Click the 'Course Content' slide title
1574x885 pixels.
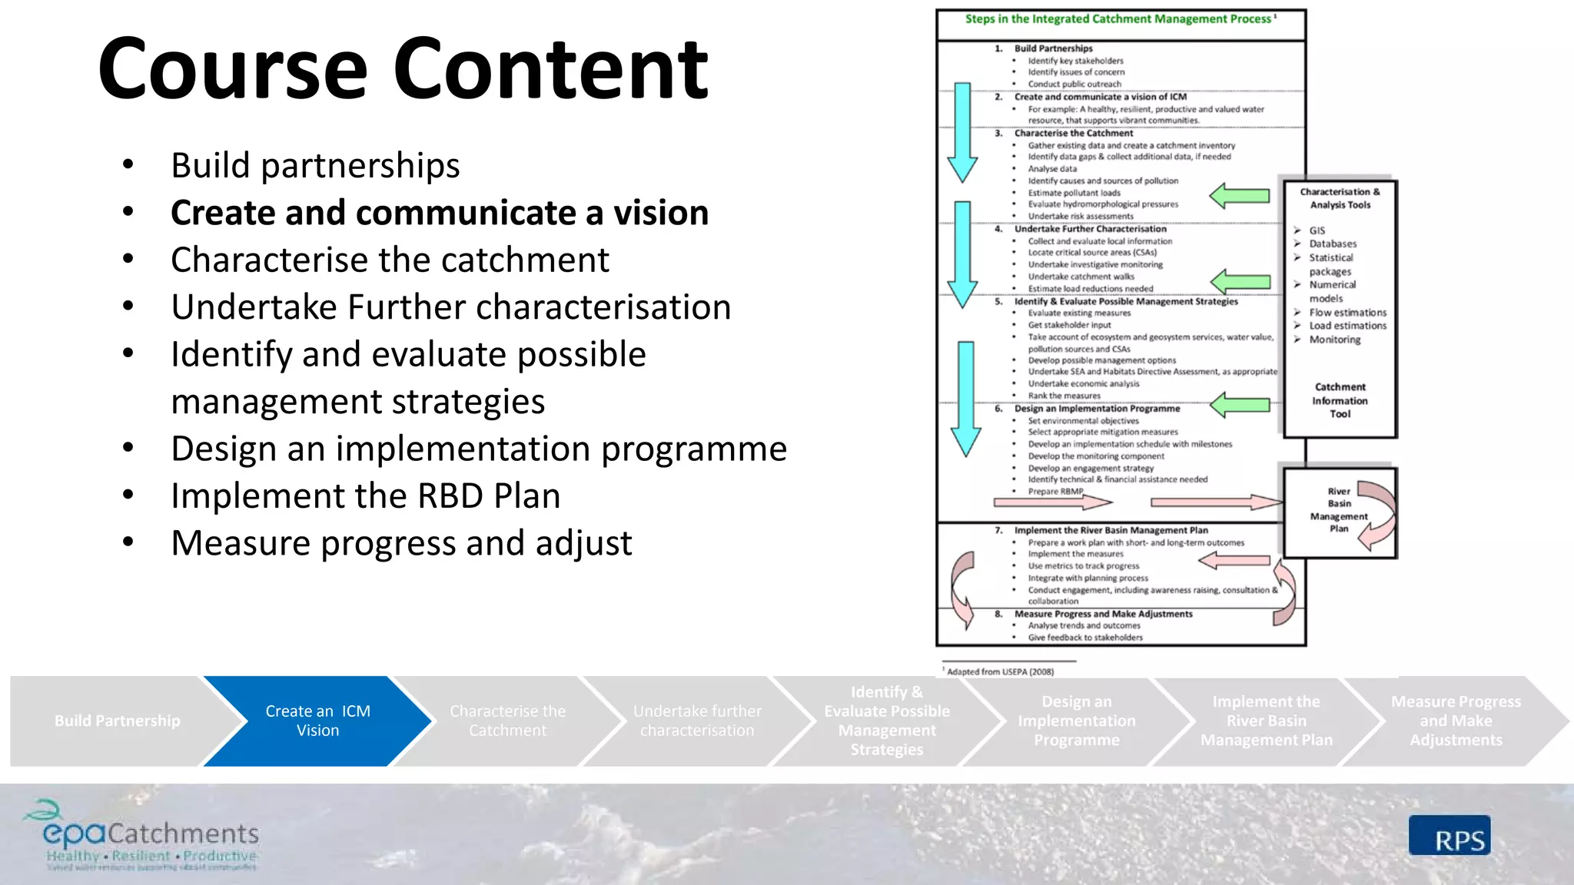[403, 69]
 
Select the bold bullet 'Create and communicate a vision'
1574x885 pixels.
[439, 213]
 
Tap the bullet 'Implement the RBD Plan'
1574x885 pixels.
[365, 496]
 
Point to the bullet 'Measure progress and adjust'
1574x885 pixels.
[400, 543]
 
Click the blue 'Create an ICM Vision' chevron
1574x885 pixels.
[317, 721]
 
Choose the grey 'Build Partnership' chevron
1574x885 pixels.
[117, 721]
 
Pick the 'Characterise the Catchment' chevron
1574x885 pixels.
[507, 721]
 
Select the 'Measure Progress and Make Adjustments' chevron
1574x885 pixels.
[1455, 721]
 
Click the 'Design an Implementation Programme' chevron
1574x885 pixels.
[1076, 721]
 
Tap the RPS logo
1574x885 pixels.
[1449, 836]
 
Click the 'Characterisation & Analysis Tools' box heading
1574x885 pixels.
[1340, 198]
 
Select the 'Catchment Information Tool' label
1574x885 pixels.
[1340, 400]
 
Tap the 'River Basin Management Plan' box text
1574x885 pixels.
[1338, 510]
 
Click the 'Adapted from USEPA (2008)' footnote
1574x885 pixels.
[999, 671]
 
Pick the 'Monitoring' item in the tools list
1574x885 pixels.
[1334, 340]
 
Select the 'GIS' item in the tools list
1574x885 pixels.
[1317, 230]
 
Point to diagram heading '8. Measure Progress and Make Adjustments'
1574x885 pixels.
[1103, 614]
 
